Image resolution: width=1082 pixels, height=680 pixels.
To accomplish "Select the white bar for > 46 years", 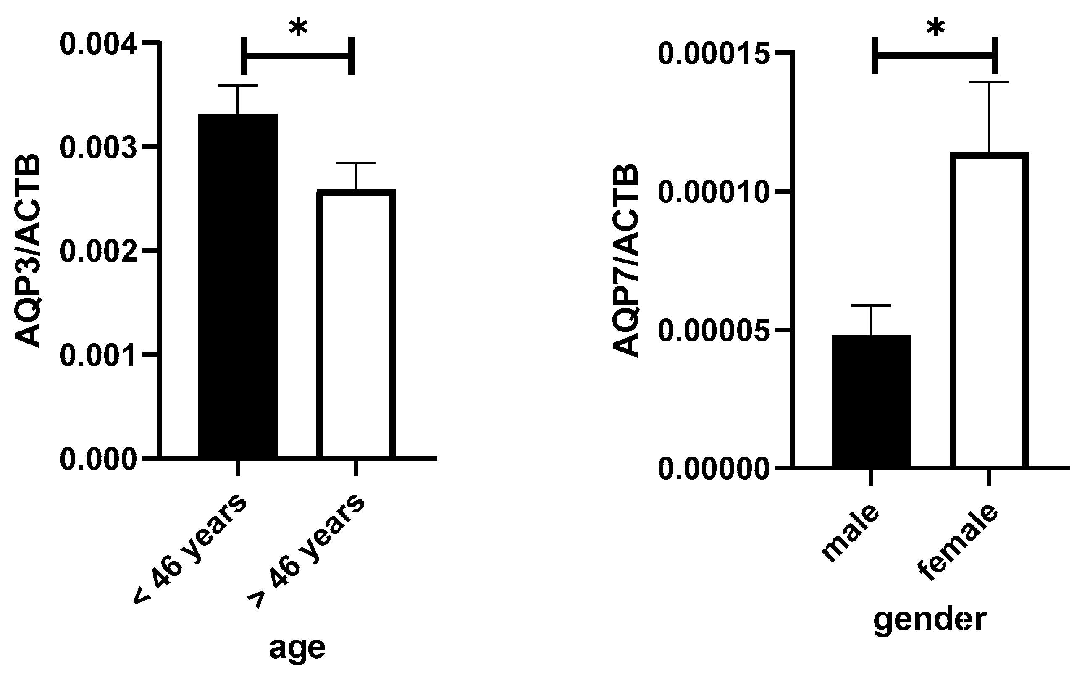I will [x=356, y=323].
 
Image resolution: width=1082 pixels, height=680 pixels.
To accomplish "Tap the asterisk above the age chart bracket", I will [x=298, y=28].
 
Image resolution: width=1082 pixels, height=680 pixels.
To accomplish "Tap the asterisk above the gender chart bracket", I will [x=935, y=29].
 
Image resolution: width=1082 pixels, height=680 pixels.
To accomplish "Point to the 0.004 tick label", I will [x=98, y=44].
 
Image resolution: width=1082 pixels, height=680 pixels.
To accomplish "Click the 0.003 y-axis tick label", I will [x=98, y=148].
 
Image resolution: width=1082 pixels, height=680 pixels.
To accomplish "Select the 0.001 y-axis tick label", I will [x=98, y=355].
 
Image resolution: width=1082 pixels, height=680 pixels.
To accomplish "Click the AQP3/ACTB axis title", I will [x=28, y=251].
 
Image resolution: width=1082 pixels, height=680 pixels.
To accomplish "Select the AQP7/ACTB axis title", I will [x=626, y=261].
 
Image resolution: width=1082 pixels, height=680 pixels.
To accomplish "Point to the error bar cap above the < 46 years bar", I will [x=238, y=85].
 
